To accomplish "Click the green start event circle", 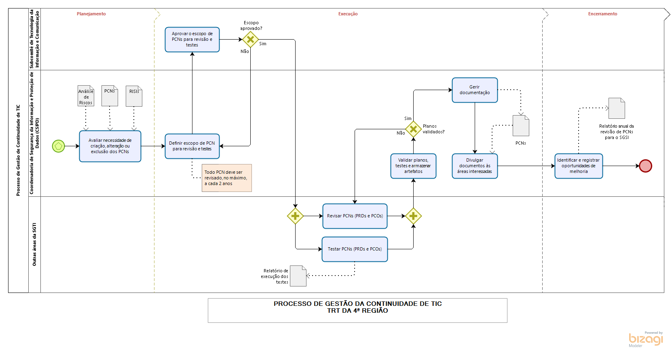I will pos(59,146).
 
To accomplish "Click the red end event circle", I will pos(645,166).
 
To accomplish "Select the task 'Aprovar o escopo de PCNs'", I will pos(192,40).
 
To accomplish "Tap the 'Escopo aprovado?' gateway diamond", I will pos(250,40).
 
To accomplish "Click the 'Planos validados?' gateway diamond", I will pos(413,129).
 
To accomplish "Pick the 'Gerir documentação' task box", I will pos(475,90).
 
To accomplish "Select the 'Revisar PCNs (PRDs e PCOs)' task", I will pos(355,216).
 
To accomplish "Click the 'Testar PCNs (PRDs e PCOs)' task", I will pos(355,249).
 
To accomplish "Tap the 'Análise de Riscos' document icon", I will pos(86,96).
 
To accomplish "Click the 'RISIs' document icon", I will pos(134,96).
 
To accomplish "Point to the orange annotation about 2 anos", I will pos(226,178).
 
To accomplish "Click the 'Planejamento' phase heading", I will pos(91,14).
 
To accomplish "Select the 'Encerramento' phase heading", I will pos(602,14).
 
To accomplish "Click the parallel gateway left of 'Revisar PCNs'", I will pos(295,216).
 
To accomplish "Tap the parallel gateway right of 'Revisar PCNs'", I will pos(413,216).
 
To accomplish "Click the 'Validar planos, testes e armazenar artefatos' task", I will pos(413,166).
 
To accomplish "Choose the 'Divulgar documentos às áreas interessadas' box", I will pos(475,166).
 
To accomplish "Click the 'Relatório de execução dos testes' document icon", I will pos(298,276).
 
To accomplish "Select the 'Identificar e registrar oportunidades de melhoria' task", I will pos(579,166).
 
